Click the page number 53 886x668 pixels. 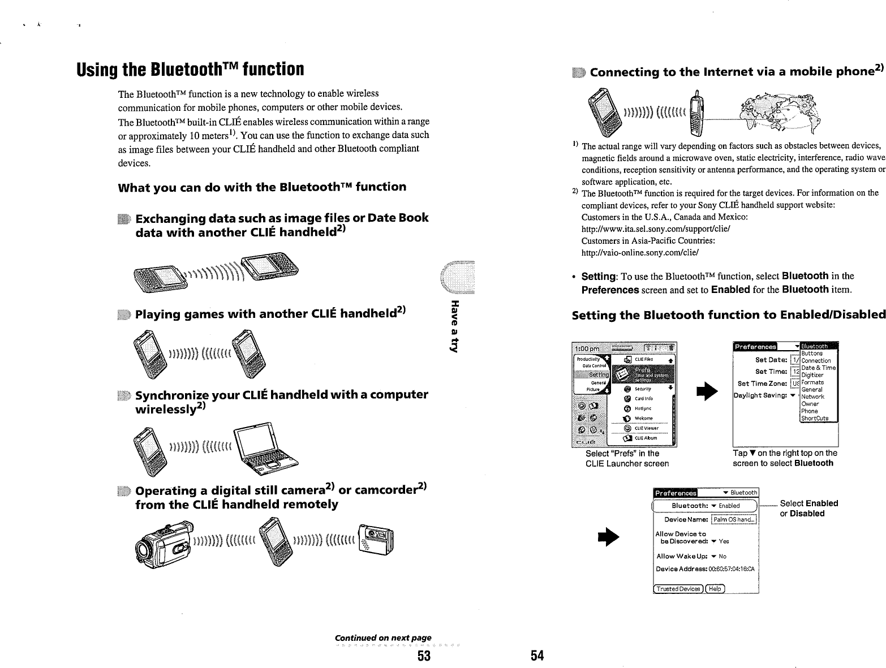coord(424,656)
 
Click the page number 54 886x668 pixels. coord(537,656)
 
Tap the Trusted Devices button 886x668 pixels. coord(678,589)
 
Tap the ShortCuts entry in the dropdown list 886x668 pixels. coord(815,419)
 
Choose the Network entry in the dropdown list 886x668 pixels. coord(813,397)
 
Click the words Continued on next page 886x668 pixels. coord(383,638)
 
